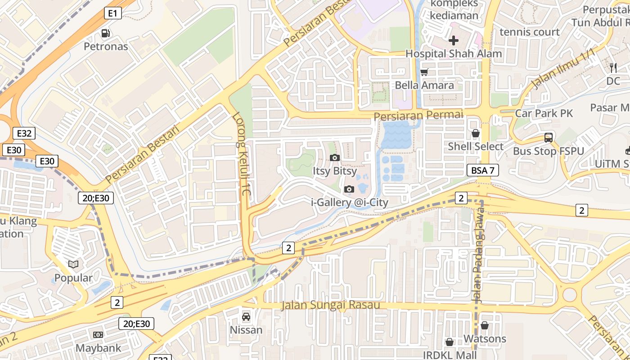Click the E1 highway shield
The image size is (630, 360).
[x=113, y=13]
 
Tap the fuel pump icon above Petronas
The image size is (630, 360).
[x=106, y=33]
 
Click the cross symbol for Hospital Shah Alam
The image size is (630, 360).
[x=453, y=40]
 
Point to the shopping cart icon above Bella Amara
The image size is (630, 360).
[x=424, y=72]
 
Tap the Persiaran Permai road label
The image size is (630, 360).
[x=418, y=115]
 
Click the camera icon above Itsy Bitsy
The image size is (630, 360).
[x=334, y=157]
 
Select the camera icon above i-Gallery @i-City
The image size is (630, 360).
[x=349, y=189]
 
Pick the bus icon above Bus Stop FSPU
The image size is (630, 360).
[x=548, y=138]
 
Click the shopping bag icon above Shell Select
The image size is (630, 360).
[x=475, y=133]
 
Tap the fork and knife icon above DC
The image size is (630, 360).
[x=613, y=68]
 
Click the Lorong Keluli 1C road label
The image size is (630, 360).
[x=241, y=153]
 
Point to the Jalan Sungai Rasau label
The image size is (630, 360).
[x=331, y=305]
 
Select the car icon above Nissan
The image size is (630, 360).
[x=246, y=316]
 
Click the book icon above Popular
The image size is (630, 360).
[x=73, y=264]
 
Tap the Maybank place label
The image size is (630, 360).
[x=98, y=348]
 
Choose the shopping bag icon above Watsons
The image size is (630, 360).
[x=485, y=325]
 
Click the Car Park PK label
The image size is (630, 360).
[x=544, y=113]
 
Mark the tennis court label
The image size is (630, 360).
[x=530, y=32]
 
